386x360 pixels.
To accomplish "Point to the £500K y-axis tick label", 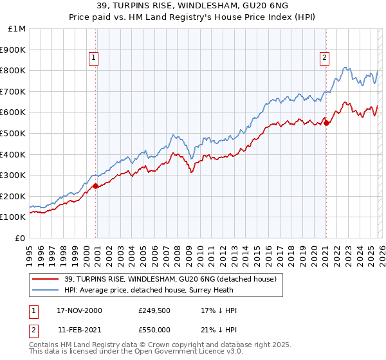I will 13,133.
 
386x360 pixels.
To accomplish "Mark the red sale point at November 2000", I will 96,186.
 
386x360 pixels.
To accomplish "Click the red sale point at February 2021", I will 326,123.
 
